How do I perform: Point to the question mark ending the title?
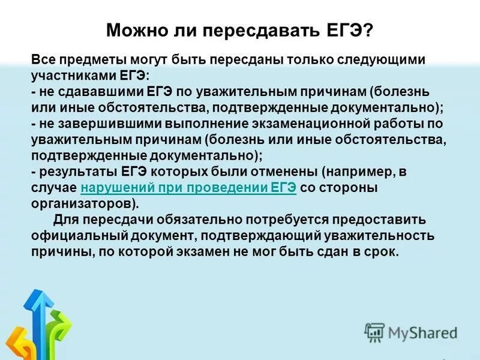[x=368, y=29]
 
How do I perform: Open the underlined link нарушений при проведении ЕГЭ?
[x=188, y=187]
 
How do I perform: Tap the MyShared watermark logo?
[x=411, y=332]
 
